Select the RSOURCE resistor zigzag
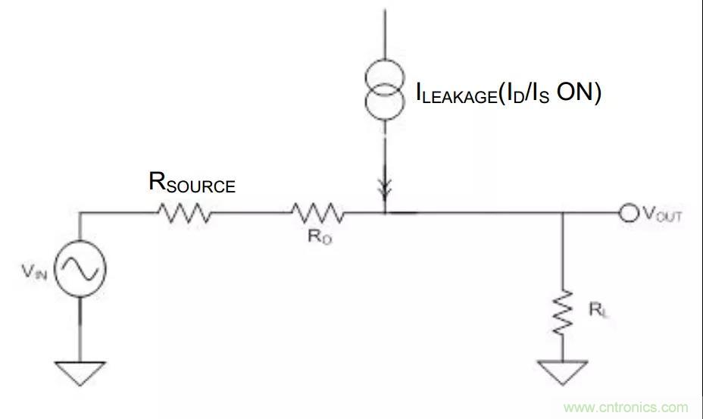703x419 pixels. (185, 214)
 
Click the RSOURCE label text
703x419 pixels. (192, 183)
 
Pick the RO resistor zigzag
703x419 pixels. (317, 214)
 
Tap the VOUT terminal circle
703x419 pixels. (628, 214)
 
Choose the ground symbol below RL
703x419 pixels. (562, 372)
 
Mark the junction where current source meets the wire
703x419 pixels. (386, 214)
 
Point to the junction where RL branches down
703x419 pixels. (562, 214)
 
